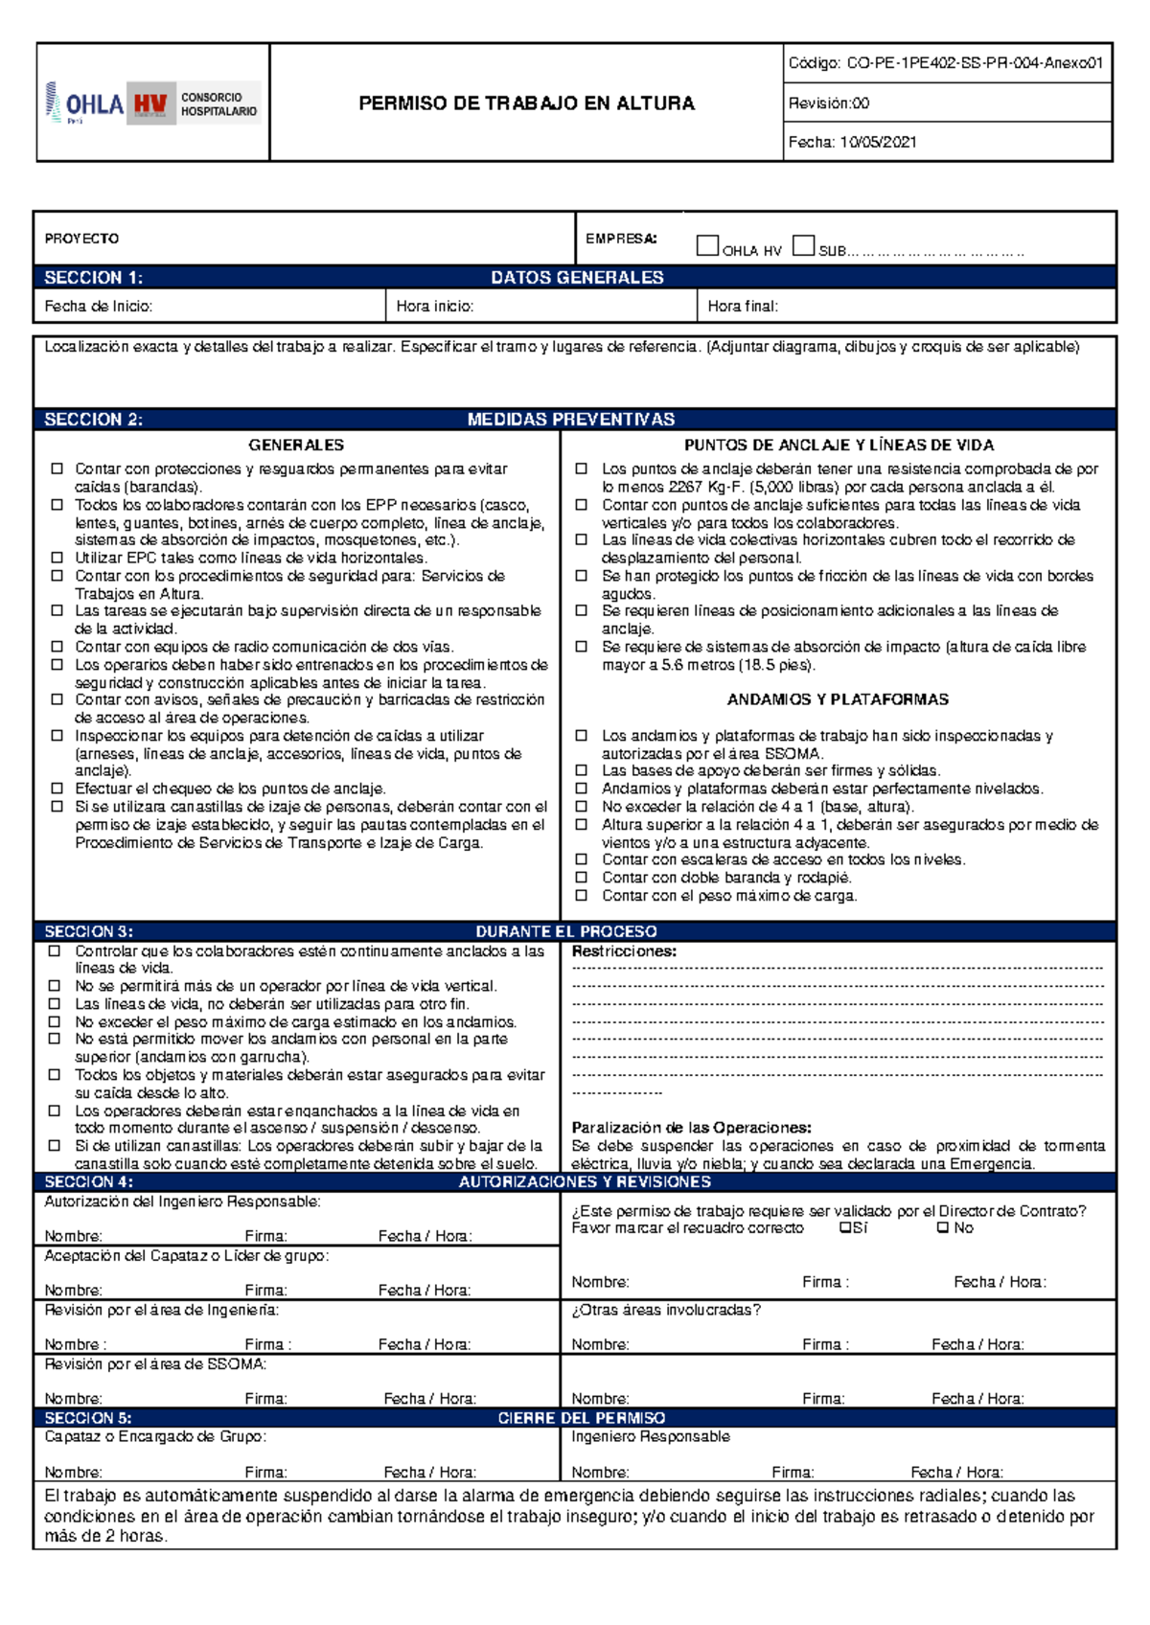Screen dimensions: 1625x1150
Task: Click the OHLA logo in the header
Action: (86, 103)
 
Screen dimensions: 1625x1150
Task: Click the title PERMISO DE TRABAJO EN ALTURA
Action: (526, 103)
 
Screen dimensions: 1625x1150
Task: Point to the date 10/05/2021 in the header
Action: (878, 142)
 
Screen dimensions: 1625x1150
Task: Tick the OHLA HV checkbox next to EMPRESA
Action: (707, 246)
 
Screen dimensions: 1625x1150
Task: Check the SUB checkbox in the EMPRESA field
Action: (803, 246)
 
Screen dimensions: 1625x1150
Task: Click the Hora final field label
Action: (743, 307)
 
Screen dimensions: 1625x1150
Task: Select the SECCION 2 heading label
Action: (93, 420)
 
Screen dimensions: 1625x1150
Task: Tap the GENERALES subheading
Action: (296, 446)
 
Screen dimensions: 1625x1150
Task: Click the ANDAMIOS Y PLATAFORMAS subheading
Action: (838, 699)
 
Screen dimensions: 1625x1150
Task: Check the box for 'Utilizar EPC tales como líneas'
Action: (57, 557)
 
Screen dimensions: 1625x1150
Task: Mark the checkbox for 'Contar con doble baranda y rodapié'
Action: (581, 877)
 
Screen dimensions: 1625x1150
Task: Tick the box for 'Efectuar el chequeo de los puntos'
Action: (57, 788)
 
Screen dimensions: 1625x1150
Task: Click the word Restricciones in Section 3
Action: (624, 951)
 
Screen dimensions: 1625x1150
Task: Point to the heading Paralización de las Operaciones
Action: (691, 1128)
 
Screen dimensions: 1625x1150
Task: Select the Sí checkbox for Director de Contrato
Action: (844, 1227)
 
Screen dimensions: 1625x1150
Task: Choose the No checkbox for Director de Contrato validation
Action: (943, 1227)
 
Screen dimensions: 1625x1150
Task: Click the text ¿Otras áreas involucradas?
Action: (665, 1310)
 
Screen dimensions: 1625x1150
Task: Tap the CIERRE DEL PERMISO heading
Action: (581, 1418)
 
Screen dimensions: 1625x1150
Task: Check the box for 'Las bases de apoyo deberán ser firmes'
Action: (581, 769)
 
